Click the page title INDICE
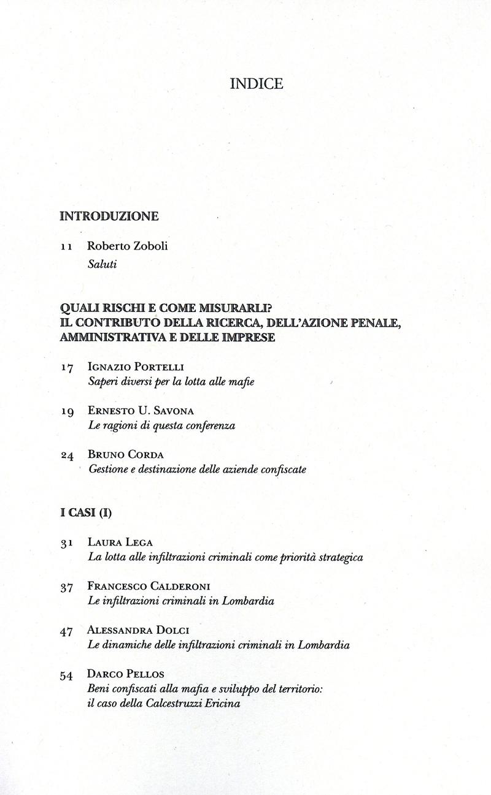[x=257, y=85]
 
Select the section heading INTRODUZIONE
[x=109, y=216]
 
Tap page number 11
[x=68, y=248]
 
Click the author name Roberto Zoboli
[x=128, y=246]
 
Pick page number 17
[x=68, y=368]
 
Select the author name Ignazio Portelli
[x=136, y=367]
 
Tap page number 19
[x=68, y=413]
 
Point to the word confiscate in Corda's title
[x=282, y=470]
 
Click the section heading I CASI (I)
[x=86, y=513]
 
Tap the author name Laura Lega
[x=120, y=542]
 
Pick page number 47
[x=68, y=631]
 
